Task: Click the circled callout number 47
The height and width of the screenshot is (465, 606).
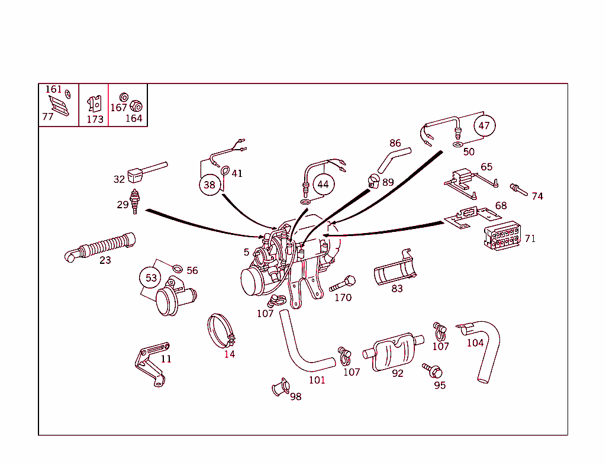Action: pyautogui.click(x=484, y=125)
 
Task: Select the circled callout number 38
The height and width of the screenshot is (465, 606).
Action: pyautogui.click(x=209, y=185)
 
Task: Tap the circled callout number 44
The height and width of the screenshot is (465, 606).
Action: pyautogui.click(x=323, y=184)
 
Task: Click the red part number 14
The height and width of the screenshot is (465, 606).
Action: pyautogui.click(x=230, y=354)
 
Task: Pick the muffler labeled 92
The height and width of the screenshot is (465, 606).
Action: pyautogui.click(x=394, y=353)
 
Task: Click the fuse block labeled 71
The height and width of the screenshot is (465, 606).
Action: pyautogui.click(x=502, y=236)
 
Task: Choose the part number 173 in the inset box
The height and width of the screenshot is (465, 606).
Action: pyautogui.click(x=95, y=119)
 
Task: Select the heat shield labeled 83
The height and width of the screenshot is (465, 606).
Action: pyautogui.click(x=394, y=273)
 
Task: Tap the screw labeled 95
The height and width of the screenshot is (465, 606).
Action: pyautogui.click(x=433, y=371)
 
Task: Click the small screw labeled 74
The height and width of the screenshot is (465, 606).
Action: pyautogui.click(x=517, y=189)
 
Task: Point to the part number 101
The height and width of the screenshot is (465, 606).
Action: pyautogui.click(x=317, y=380)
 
